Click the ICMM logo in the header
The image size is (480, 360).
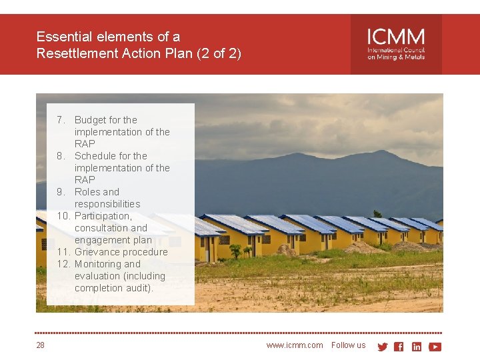(x=396, y=44)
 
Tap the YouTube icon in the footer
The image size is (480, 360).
(x=435, y=347)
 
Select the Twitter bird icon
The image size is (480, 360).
(x=383, y=347)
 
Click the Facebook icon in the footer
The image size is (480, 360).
(x=399, y=347)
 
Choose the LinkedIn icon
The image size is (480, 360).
(x=417, y=347)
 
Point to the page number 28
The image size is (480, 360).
(x=41, y=345)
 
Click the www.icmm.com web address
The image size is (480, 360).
(x=294, y=345)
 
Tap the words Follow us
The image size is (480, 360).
(x=348, y=345)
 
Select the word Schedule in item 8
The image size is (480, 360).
(x=95, y=156)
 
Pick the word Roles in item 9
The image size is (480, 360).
(x=88, y=192)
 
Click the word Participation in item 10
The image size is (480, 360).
(x=103, y=216)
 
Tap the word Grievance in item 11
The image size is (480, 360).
(x=97, y=252)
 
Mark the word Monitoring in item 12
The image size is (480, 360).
(x=98, y=264)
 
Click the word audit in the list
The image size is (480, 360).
(x=140, y=288)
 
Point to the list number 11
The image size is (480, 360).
(x=63, y=252)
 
